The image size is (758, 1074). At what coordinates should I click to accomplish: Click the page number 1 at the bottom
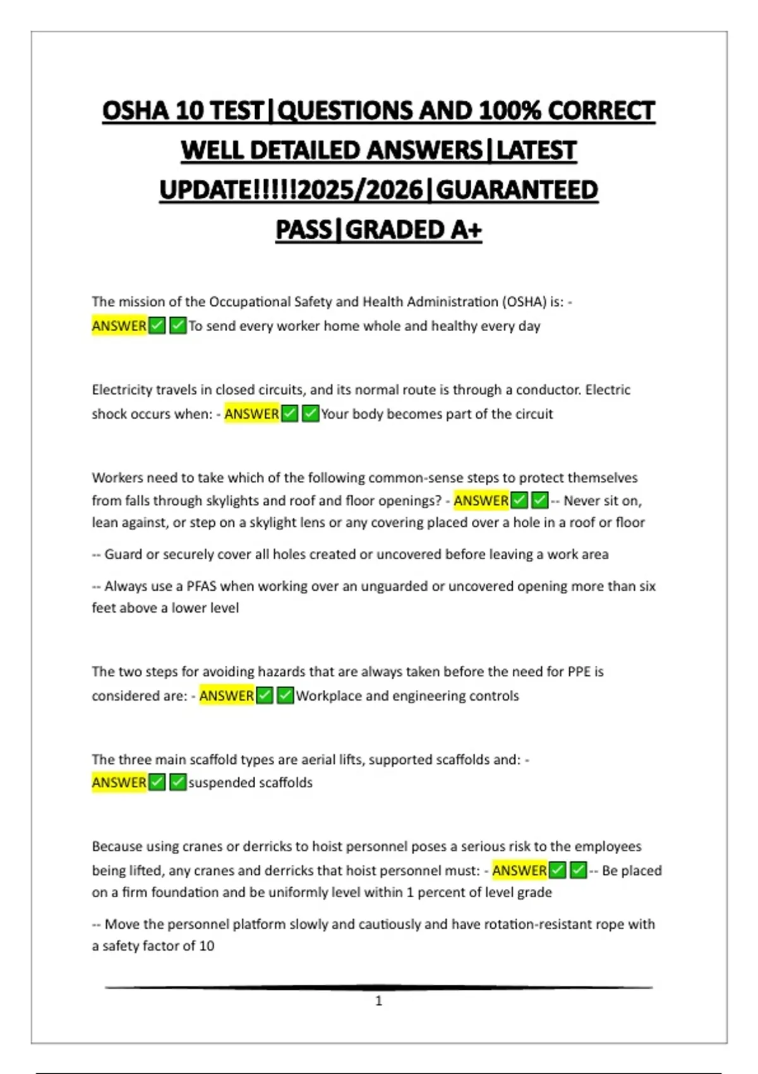coord(378,1001)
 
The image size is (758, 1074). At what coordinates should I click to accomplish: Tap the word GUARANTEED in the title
coord(517,190)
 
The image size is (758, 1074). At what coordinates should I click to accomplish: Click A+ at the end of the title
coord(466,230)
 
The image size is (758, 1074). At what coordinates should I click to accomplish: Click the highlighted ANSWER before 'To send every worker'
coord(119,326)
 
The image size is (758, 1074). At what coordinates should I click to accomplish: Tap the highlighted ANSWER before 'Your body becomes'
coord(251,414)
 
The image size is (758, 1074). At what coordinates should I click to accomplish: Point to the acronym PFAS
coord(201,586)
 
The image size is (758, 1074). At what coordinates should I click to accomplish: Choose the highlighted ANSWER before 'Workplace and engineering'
coord(226,696)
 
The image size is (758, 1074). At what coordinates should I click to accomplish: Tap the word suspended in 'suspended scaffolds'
coord(217,783)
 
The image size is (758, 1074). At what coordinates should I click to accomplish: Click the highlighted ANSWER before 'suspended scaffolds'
coord(119,783)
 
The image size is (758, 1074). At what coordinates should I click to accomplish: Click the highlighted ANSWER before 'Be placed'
coord(519,871)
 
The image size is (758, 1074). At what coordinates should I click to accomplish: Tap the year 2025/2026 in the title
coord(360,190)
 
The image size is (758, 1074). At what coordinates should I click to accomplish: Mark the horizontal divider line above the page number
coord(378,987)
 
